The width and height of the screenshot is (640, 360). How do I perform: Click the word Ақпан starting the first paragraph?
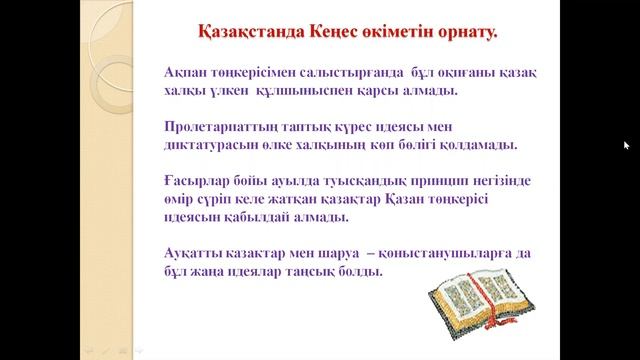tap(187, 73)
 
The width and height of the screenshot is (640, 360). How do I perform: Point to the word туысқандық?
tap(334, 181)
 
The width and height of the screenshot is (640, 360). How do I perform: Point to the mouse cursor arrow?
tap(626, 146)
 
